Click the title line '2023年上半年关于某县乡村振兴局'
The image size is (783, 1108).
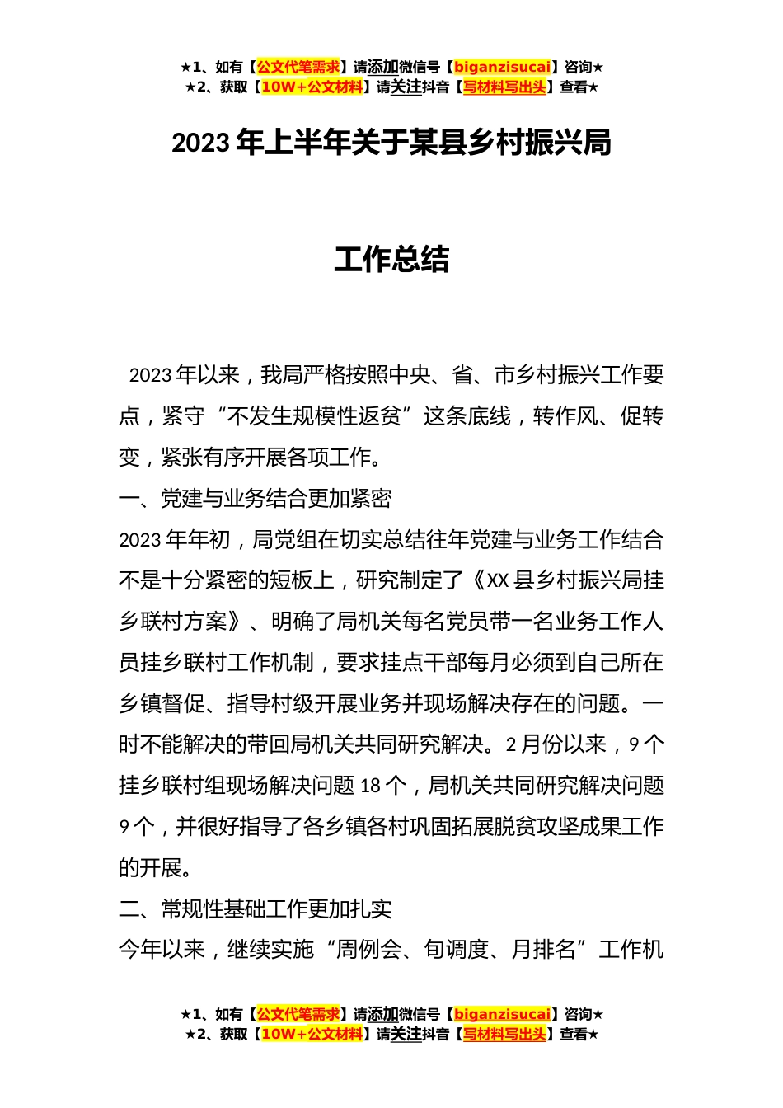[x=391, y=143]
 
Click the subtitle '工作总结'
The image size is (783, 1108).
[x=391, y=260]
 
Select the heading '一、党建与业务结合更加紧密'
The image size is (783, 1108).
[x=255, y=499]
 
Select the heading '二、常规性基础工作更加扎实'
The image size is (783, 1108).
[x=255, y=909]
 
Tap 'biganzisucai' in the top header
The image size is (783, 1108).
[x=502, y=68]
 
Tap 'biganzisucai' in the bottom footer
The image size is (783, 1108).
[x=502, y=1015]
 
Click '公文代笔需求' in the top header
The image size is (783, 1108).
[x=298, y=68]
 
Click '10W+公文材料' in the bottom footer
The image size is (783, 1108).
[x=312, y=1035]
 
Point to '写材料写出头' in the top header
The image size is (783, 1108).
[x=504, y=87]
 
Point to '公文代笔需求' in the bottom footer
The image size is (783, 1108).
[x=298, y=1015]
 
